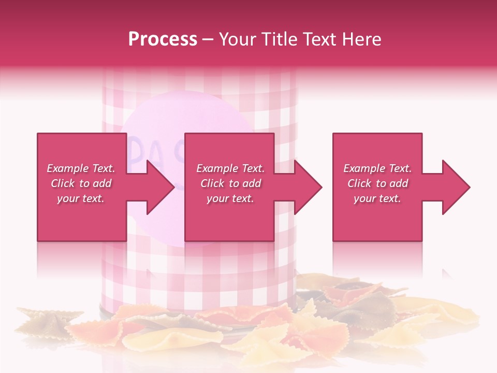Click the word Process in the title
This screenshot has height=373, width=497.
[x=163, y=39]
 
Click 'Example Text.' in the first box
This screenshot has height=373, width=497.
[x=81, y=168]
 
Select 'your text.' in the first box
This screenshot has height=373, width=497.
[x=81, y=198]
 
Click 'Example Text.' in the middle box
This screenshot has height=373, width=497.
[x=230, y=168]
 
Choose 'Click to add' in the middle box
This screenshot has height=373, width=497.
[x=230, y=183]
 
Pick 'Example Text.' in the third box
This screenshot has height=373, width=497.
[x=377, y=168]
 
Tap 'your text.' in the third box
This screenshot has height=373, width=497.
[x=377, y=198]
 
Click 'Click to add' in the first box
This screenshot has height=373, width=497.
[x=81, y=183]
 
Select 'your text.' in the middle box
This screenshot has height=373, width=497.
[x=230, y=198]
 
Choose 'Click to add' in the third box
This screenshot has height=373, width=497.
[x=377, y=183]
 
